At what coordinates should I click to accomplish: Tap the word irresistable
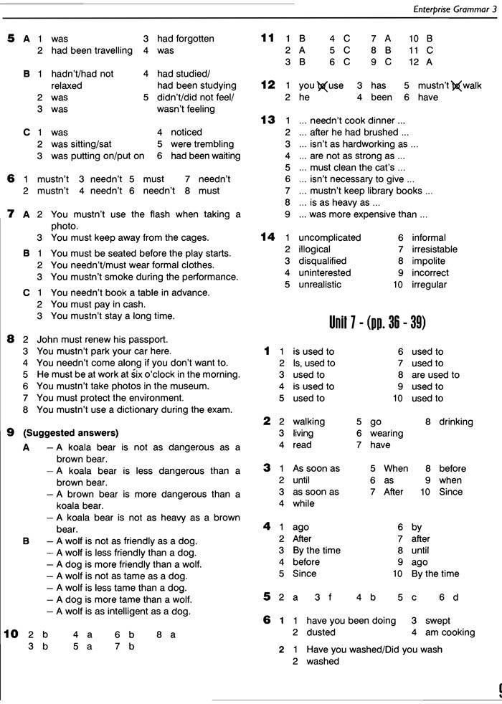(434, 249)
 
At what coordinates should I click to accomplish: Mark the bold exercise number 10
(11, 634)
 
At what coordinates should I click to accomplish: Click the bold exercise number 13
(267, 120)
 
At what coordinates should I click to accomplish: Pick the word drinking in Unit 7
(456, 422)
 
